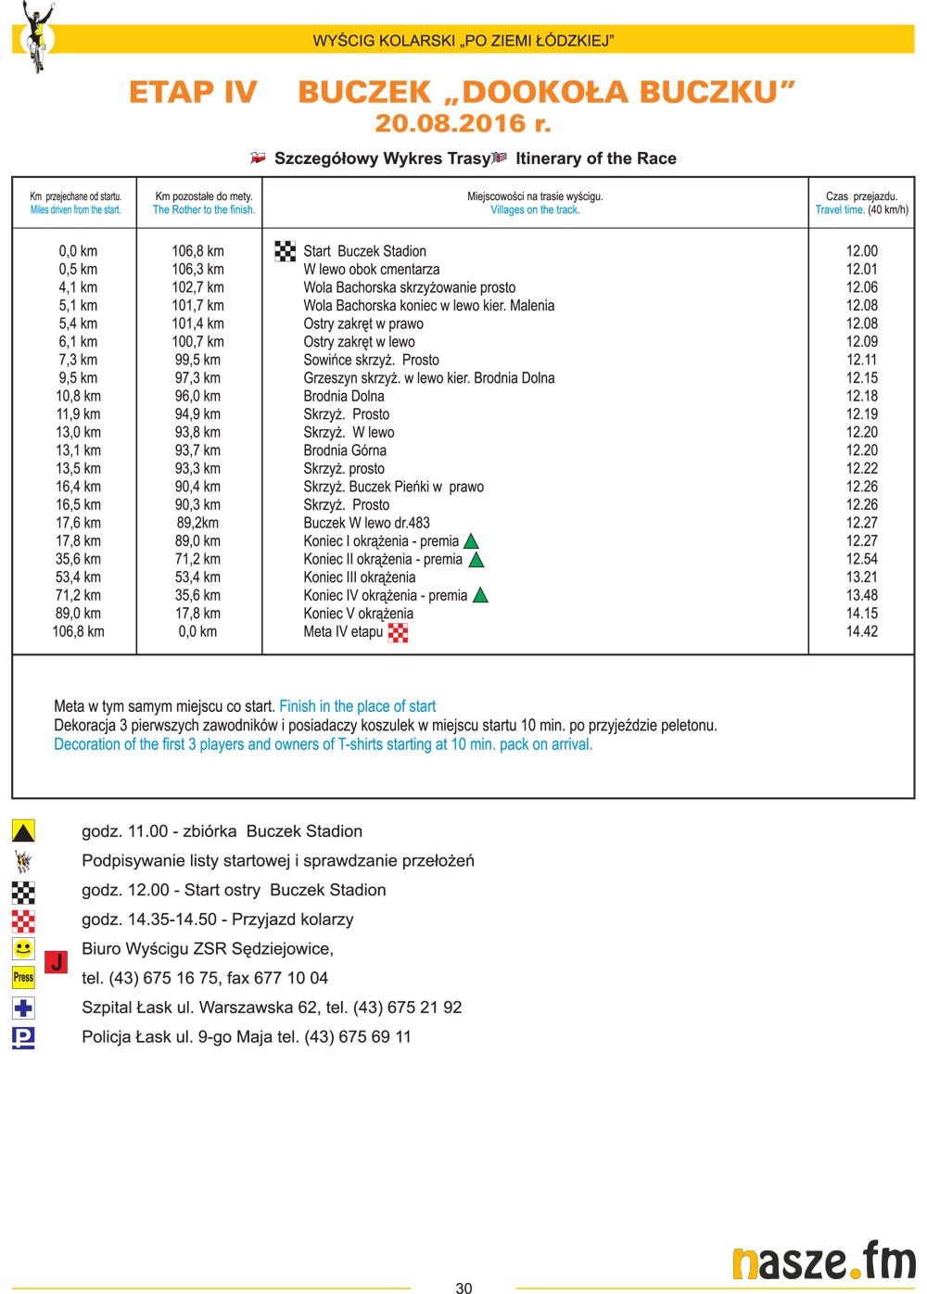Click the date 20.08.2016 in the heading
pyautogui.click(x=462, y=123)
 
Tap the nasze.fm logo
pyautogui.click(x=822, y=1262)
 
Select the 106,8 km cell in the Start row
pyautogui.click(x=197, y=251)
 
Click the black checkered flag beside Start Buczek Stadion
pyautogui.click(x=286, y=251)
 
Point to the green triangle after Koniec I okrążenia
pyautogui.click(x=471, y=541)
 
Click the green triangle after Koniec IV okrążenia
pyautogui.click(x=480, y=595)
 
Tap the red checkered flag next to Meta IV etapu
pyautogui.click(x=398, y=632)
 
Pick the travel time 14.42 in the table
pyautogui.click(x=861, y=631)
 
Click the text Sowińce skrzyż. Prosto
pyautogui.click(x=371, y=360)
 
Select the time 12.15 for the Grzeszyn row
pyautogui.click(x=861, y=378)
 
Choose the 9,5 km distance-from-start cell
pyautogui.click(x=78, y=378)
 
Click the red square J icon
pyautogui.click(x=56, y=962)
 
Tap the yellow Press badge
pyautogui.click(x=23, y=977)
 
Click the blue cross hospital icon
pyautogui.click(x=23, y=1008)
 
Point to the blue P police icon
pyautogui.click(x=23, y=1037)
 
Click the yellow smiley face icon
pyautogui.click(x=23, y=948)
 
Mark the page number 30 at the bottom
pyautogui.click(x=463, y=1288)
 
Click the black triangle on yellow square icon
pyautogui.click(x=23, y=831)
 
